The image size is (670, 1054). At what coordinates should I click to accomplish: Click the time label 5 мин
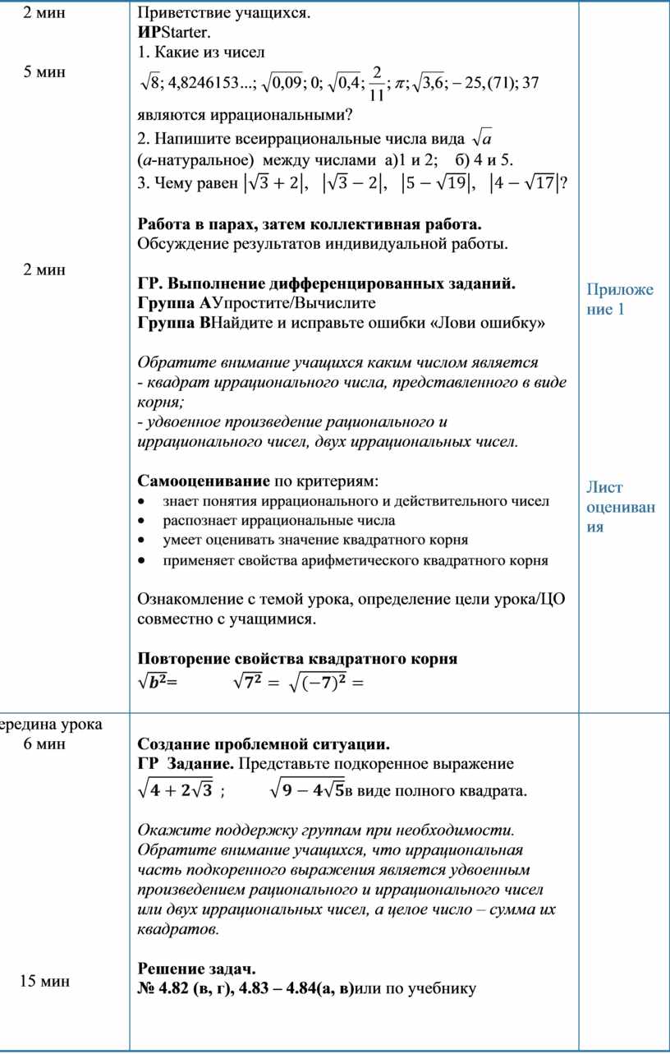coord(45,71)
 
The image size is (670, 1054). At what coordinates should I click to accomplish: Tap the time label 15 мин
coord(45,981)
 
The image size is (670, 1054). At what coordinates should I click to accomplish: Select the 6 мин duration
coord(45,744)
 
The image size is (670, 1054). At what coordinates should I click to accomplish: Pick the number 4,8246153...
coord(209,86)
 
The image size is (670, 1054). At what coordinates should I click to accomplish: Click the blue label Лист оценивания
coord(620,507)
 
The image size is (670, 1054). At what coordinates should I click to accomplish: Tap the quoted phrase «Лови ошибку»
coord(498,323)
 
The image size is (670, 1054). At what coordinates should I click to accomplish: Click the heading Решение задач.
coord(197,968)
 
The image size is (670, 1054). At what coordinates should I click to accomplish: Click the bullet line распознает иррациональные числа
coord(279,520)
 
